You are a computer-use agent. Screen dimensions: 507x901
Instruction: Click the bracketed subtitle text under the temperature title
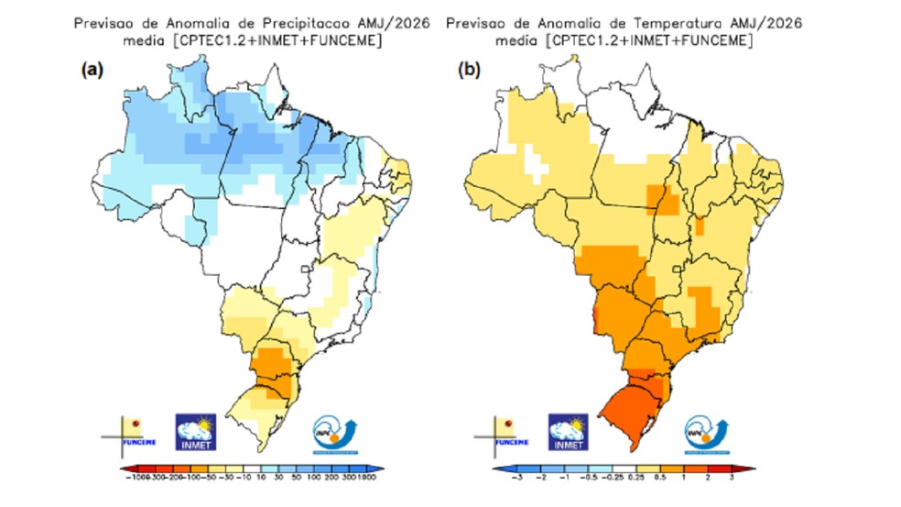624,41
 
